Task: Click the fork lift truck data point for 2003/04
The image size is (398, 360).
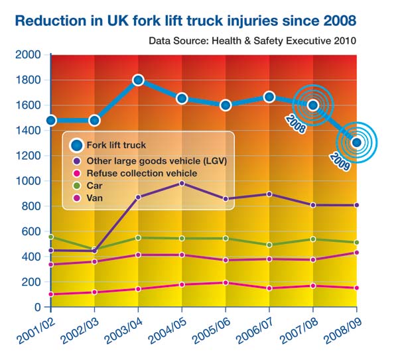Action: [x=138, y=80]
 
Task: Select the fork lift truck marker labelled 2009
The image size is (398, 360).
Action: [x=357, y=142]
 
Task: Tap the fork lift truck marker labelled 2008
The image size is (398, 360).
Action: [x=313, y=105]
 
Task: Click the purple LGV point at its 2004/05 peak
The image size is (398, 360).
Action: [x=182, y=184]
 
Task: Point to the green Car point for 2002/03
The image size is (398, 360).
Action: [x=94, y=249]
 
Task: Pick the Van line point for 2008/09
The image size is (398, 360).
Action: [x=357, y=253]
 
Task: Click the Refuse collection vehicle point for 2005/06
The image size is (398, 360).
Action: [x=226, y=282]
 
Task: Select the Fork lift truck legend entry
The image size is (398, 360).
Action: [x=116, y=144]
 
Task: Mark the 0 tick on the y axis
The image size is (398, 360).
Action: [x=37, y=308]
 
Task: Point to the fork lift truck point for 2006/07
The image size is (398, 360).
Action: [x=269, y=97]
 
